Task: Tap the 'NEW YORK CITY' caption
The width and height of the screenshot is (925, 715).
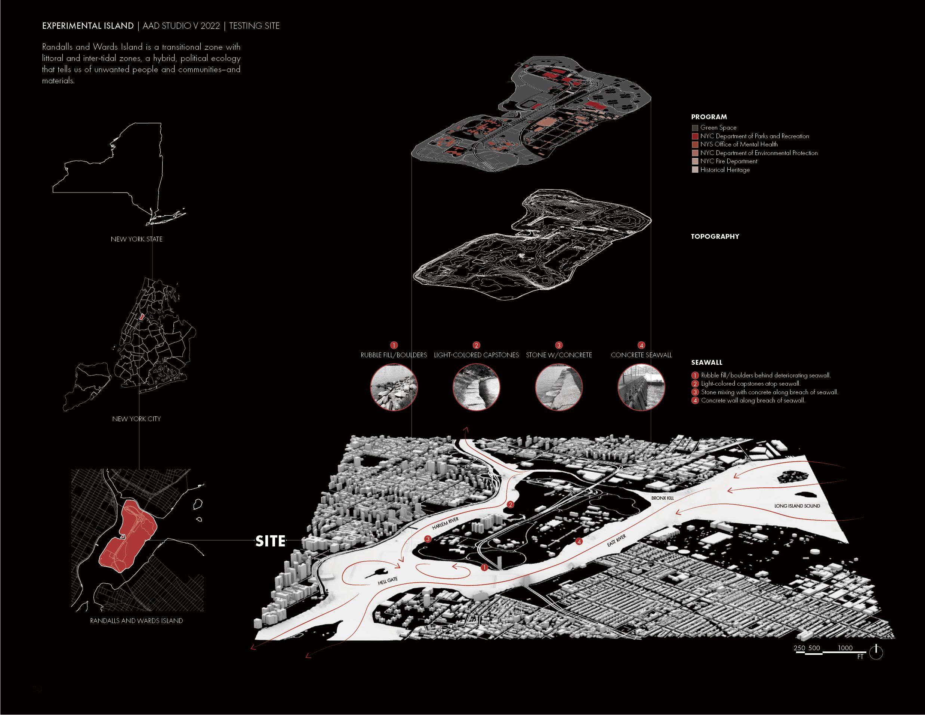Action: (x=136, y=419)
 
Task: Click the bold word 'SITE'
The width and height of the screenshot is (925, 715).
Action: (x=270, y=541)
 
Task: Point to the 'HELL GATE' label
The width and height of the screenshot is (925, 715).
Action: (x=388, y=581)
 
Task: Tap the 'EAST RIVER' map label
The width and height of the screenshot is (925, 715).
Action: (x=616, y=541)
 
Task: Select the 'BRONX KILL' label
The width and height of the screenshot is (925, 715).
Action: (x=662, y=498)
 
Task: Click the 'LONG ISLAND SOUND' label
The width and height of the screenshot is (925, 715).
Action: (x=797, y=506)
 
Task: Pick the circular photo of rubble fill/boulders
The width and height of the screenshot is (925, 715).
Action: (x=394, y=388)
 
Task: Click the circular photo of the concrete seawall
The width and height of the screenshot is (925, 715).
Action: (x=641, y=388)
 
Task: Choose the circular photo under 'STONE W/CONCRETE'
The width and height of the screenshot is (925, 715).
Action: (x=559, y=388)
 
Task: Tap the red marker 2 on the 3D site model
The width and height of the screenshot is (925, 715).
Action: (x=511, y=505)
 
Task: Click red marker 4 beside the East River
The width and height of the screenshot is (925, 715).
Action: (x=579, y=541)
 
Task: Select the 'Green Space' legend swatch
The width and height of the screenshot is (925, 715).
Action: (x=695, y=127)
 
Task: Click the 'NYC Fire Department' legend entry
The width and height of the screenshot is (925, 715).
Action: (x=728, y=161)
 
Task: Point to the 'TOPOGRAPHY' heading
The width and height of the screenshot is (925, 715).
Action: (x=715, y=236)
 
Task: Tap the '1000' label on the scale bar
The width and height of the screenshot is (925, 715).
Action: (x=845, y=648)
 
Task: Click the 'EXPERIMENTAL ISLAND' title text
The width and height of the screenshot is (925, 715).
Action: (x=88, y=26)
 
